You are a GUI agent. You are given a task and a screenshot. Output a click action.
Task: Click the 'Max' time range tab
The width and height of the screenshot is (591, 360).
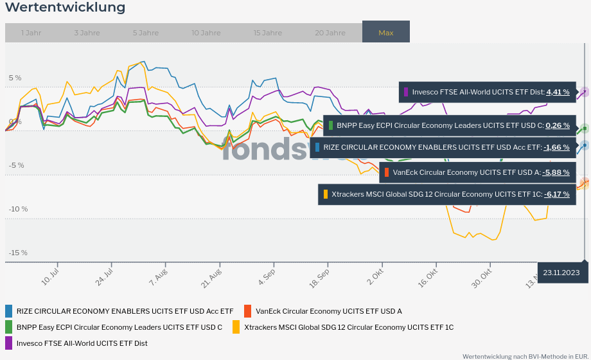pyautogui.click(x=386, y=32)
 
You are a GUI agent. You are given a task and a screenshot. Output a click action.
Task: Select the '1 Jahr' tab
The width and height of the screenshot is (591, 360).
pyautogui.click(x=31, y=33)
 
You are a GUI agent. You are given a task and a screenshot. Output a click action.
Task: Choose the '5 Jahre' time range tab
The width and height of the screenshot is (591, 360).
pyautogui.click(x=145, y=33)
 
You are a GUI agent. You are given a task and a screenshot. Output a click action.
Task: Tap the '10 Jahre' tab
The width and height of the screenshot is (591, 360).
pyautogui.click(x=206, y=33)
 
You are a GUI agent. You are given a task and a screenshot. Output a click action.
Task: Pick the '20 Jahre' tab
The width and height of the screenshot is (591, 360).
pyautogui.click(x=330, y=33)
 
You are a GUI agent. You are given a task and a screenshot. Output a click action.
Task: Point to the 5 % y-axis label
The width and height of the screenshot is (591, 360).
pyautogui.click(x=15, y=78)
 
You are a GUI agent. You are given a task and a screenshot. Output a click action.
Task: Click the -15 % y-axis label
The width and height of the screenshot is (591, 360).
pyautogui.click(x=18, y=253)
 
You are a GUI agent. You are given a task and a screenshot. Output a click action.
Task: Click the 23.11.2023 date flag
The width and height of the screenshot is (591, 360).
pyautogui.click(x=561, y=273)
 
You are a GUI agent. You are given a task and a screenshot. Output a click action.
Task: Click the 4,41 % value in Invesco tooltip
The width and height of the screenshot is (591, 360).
pyautogui.click(x=558, y=92)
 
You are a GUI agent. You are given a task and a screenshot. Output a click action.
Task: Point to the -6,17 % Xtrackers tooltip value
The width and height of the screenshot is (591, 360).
pyautogui.click(x=556, y=194)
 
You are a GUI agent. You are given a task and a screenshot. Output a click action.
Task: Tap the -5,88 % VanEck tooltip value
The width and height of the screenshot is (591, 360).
pyautogui.click(x=556, y=172)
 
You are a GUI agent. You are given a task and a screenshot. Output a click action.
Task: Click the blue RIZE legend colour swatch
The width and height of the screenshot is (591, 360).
pyautogui.click(x=9, y=311)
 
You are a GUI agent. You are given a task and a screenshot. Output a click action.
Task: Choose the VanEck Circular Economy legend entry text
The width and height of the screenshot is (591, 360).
pyautogui.click(x=328, y=311)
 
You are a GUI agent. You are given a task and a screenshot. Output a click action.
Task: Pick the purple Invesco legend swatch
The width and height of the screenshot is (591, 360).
pyautogui.click(x=9, y=343)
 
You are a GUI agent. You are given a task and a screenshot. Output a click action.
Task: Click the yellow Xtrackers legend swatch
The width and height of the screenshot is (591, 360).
pyautogui.click(x=236, y=327)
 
